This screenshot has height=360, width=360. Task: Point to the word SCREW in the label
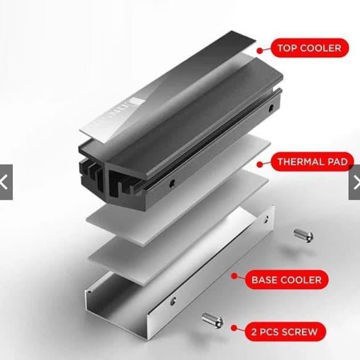tap(301, 332)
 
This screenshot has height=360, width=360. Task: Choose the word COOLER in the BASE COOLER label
tap(300, 280)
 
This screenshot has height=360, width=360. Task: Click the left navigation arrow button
tap(6, 182)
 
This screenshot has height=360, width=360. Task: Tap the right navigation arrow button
tap(354, 182)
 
